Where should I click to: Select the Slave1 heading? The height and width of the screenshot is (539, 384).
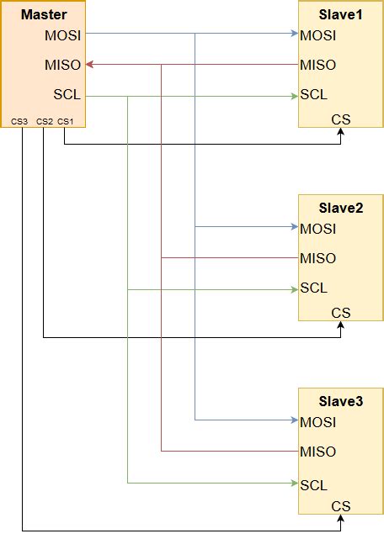[341, 15]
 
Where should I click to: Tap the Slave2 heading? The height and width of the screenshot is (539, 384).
[341, 208]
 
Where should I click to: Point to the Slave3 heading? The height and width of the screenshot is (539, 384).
[341, 401]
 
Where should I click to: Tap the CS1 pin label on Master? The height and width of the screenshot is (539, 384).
[66, 121]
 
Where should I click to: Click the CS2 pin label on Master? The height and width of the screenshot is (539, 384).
[44, 121]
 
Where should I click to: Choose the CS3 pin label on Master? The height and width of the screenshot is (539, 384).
[19, 121]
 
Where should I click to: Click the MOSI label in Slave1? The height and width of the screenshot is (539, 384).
[318, 35]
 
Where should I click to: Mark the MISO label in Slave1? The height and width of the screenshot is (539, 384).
[318, 65]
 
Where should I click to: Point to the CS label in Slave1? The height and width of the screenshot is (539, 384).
[341, 119]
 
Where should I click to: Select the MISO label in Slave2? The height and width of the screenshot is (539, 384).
[318, 258]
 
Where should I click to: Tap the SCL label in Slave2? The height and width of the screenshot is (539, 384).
[313, 288]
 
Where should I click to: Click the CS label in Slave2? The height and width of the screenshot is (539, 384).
[341, 313]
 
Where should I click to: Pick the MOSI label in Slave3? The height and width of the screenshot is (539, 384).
[318, 422]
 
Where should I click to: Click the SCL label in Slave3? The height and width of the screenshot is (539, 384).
[313, 485]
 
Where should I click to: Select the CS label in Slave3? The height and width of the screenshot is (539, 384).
[341, 506]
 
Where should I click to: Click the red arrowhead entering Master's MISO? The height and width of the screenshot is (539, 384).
[89, 64]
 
